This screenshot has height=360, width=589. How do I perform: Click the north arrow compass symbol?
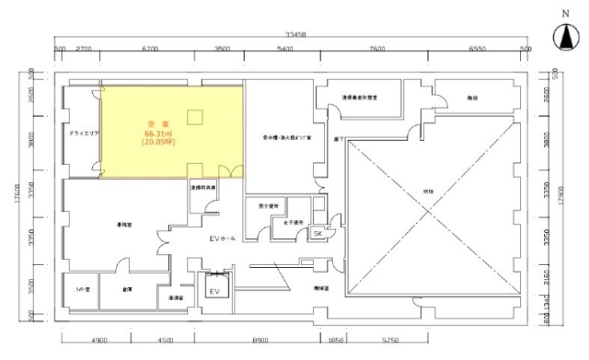click(562, 35)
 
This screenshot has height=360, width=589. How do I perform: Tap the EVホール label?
click(223, 238)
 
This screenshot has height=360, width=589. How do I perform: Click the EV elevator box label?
click(216, 291)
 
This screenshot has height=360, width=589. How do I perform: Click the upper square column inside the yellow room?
click(195, 115)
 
